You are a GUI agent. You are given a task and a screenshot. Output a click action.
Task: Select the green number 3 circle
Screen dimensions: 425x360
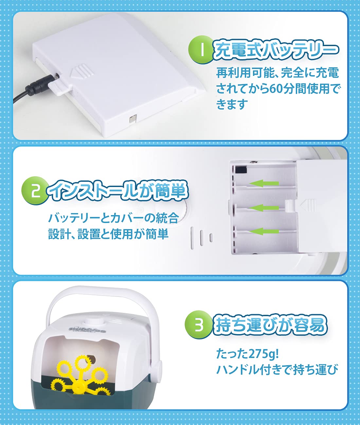[x=198, y=325]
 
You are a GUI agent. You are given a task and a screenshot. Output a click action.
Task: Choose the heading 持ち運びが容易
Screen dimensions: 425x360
[x=270, y=325]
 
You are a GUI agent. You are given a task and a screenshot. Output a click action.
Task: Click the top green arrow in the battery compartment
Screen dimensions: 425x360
[x=264, y=183]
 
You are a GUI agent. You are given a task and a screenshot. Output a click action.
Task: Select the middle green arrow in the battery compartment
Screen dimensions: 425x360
[x=264, y=208]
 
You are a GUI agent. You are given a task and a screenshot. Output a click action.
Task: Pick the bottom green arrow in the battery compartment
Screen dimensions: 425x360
[x=264, y=231]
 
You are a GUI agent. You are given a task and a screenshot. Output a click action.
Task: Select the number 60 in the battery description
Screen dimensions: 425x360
[x=277, y=89]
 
